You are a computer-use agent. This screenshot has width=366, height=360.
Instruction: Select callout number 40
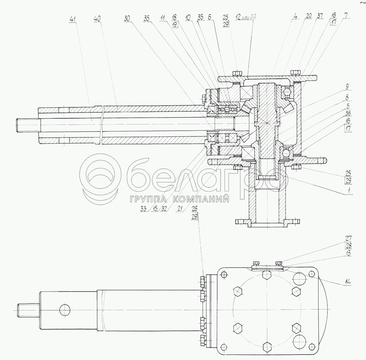(97, 20)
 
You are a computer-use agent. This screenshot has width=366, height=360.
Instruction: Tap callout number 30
(127, 20)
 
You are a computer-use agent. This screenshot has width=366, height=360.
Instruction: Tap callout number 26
(195, 208)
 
